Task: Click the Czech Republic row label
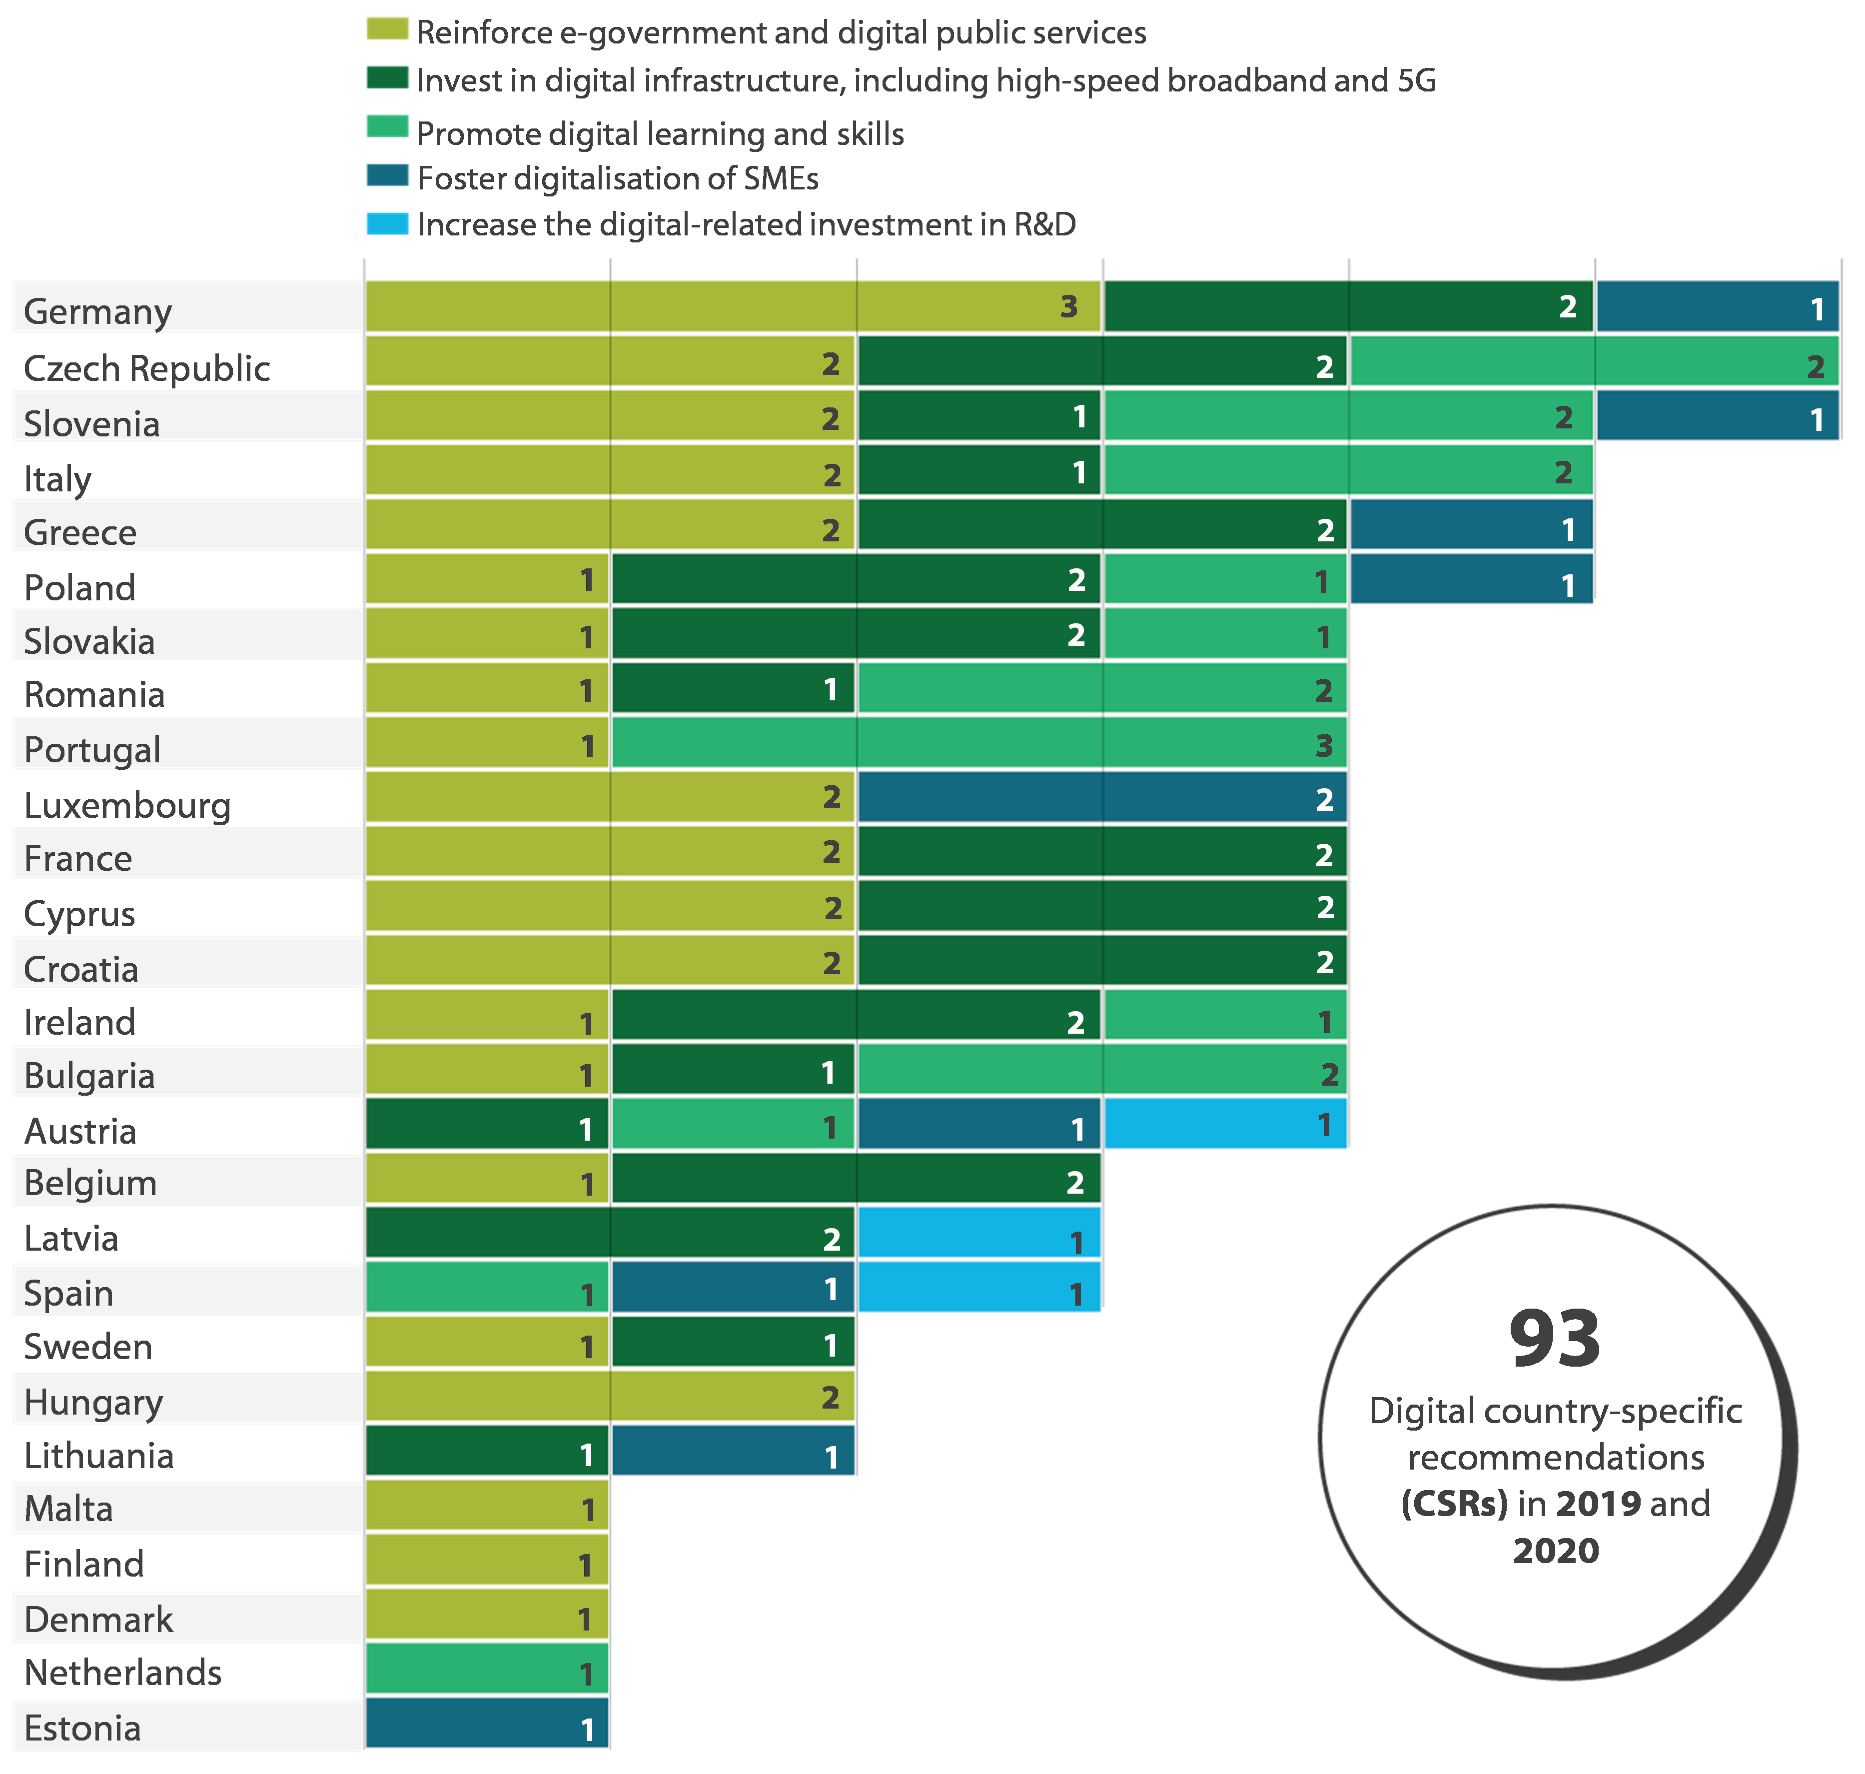pos(146,368)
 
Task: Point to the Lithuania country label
pos(98,1455)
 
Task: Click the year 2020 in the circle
pos(1556,1551)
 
